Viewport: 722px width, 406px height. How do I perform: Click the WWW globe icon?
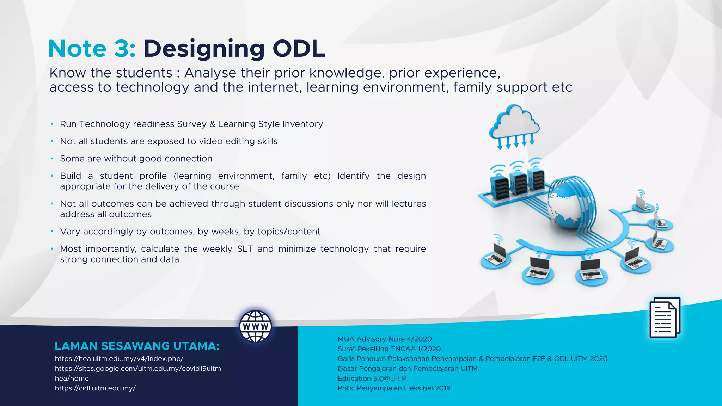[x=256, y=326]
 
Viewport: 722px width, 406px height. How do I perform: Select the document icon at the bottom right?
[x=665, y=318]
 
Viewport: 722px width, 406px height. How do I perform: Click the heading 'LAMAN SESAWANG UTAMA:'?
[x=137, y=346]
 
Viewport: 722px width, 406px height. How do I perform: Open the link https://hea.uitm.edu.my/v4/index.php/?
[x=119, y=359]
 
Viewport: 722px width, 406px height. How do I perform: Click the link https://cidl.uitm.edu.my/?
[x=95, y=388]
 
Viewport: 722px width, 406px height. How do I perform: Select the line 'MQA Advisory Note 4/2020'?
[x=385, y=339]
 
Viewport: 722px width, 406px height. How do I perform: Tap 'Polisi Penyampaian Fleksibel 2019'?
[x=394, y=388]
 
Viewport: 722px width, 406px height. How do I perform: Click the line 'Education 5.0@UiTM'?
[x=372, y=379]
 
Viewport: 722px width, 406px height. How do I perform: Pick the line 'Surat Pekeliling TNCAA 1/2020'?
[x=389, y=349]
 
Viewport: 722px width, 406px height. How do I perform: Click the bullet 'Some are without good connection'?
[x=136, y=159]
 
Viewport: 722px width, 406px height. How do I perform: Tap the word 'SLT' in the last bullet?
[x=245, y=249]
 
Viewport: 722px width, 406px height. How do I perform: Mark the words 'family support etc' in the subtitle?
[x=512, y=87]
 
